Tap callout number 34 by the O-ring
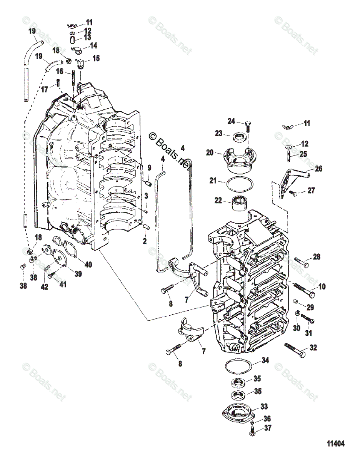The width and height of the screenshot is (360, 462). click(265, 361)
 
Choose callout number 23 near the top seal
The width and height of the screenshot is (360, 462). click(219, 134)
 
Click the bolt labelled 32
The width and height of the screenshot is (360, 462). click(295, 350)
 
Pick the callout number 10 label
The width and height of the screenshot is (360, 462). click(322, 286)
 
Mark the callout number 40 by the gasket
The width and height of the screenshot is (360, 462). click(88, 264)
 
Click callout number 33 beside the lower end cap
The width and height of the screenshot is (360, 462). click(264, 407)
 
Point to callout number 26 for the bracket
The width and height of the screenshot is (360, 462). click(318, 169)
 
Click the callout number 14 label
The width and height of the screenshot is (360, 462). click(93, 45)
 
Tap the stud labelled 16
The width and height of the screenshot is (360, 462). click(73, 79)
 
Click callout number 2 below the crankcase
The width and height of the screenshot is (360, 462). click(145, 241)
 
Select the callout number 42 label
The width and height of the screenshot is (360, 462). click(45, 286)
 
